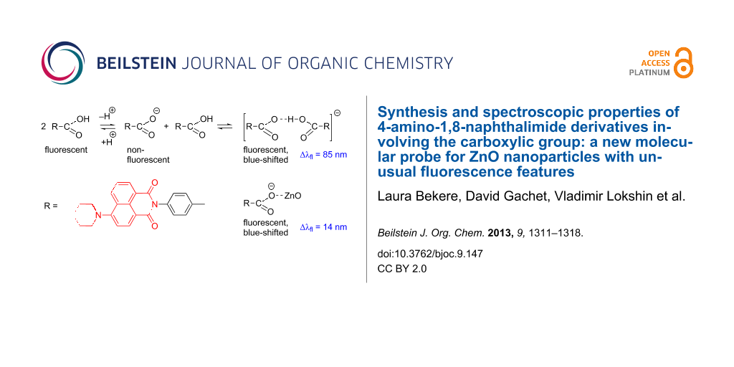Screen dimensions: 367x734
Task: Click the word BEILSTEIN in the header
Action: (138, 63)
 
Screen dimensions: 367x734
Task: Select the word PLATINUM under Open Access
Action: (649, 72)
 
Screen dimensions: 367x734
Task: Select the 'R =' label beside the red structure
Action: (51, 206)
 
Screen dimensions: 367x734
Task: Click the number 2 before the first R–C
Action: (45, 126)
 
